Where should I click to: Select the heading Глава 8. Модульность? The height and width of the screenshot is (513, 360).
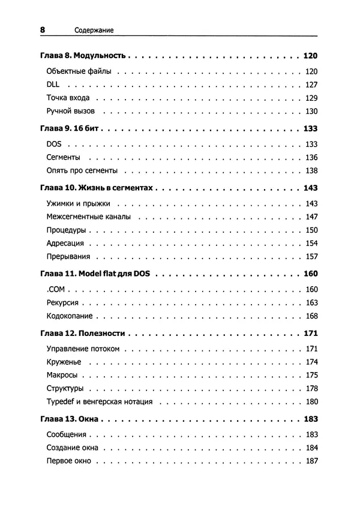[x=82, y=56]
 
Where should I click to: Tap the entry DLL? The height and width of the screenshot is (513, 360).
[x=53, y=85]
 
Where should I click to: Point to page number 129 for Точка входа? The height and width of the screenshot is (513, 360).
[x=310, y=98]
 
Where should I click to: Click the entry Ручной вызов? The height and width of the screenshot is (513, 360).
[x=70, y=111]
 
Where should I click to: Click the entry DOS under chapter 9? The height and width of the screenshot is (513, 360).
[x=55, y=144]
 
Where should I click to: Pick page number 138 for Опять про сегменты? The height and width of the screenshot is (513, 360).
[x=310, y=171]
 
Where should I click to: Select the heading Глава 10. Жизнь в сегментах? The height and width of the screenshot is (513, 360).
[x=97, y=188]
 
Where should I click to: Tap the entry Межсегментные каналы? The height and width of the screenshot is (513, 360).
[x=88, y=217]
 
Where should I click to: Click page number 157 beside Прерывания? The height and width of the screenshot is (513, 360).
[x=310, y=256]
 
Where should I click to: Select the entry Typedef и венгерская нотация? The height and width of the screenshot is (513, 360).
[x=99, y=401]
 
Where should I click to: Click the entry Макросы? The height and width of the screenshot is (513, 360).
[x=61, y=375]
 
